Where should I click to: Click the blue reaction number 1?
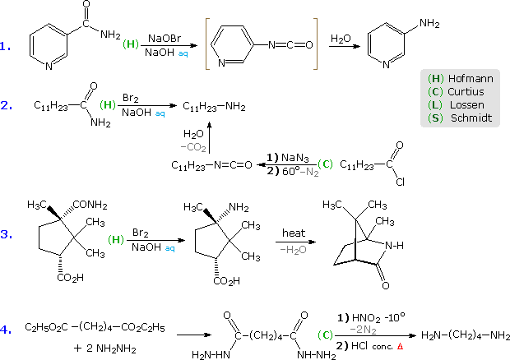[5, 47]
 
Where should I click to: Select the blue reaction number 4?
[5, 329]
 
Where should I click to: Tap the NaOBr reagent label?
[165, 38]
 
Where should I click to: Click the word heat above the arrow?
[294, 233]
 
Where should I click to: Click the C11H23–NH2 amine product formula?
[214, 106]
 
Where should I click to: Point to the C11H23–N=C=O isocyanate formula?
[206, 164]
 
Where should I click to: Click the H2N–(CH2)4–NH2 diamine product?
[465, 335]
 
